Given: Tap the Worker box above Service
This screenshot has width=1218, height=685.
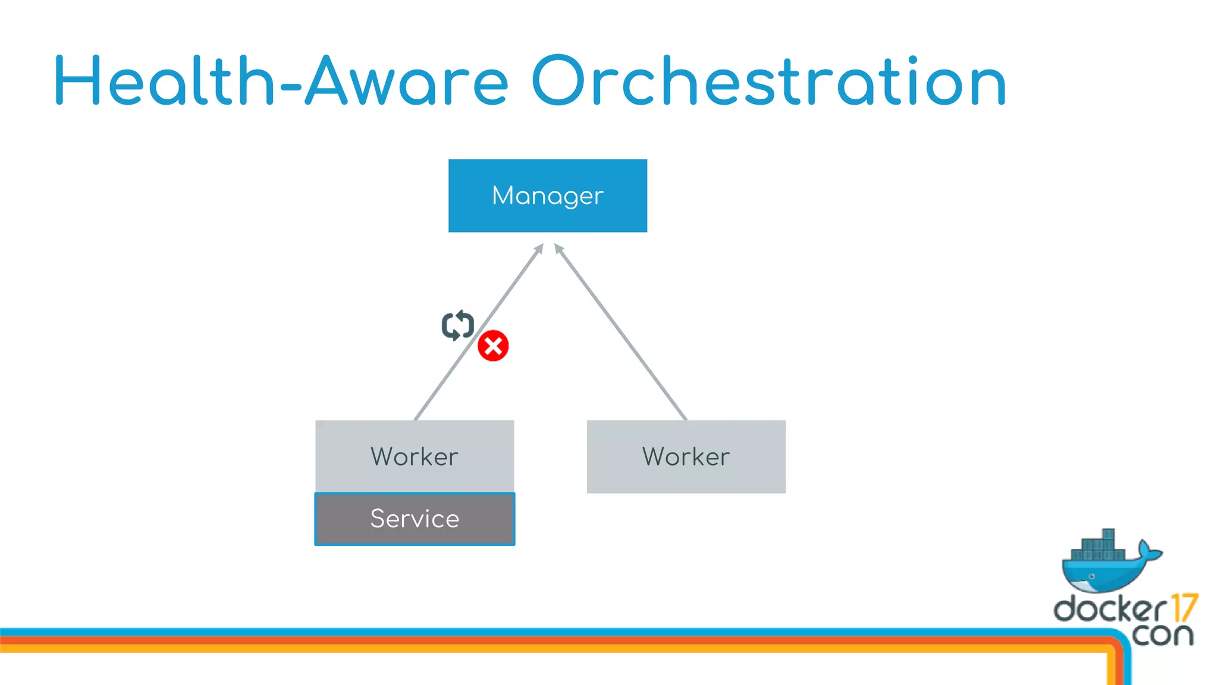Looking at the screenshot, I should point(415,456).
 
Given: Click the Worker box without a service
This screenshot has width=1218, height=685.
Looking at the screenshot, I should point(686,456).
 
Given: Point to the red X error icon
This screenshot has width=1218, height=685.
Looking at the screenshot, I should point(493,346).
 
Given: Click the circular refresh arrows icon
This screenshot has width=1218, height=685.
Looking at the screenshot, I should point(457,325).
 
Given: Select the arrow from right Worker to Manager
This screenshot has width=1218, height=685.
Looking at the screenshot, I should point(621,333).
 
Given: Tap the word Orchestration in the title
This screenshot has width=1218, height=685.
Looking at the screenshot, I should point(768,82).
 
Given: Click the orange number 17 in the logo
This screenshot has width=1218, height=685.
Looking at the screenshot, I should point(1184,608).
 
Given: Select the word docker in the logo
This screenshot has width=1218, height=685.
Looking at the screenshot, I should point(1110,609).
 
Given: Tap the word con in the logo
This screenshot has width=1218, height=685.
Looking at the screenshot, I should point(1162,634).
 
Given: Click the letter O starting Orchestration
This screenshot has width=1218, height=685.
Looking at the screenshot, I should point(558,81).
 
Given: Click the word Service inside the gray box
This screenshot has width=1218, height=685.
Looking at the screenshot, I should point(415,519).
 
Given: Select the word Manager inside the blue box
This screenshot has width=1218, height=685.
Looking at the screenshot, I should point(547,196).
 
